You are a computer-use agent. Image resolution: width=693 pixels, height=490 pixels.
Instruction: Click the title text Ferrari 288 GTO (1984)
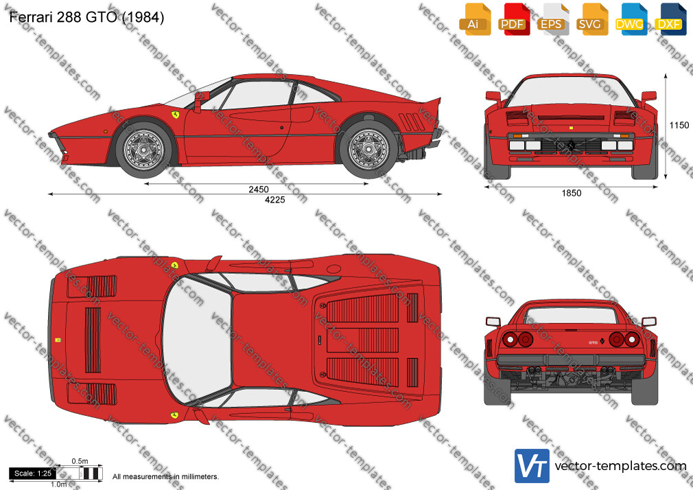tap(86, 17)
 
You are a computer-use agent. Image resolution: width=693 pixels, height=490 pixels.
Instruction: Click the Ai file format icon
tap(475, 19)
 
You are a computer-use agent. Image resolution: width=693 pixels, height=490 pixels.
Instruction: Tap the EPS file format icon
tap(552, 19)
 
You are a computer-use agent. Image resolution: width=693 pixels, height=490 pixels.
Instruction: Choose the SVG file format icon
tap(591, 19)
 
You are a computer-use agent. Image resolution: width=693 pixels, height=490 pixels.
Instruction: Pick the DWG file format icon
tap(631, 19)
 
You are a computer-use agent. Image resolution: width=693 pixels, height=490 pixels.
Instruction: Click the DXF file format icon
tap(670, 19)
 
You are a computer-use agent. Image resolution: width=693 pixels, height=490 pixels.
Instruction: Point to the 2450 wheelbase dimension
tap(259, 189)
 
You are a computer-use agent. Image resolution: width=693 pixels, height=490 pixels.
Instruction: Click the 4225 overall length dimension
tap(275, 200)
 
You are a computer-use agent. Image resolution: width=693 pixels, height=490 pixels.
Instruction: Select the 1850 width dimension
tap(572, 193)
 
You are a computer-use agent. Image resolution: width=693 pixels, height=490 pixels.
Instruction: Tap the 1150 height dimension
tap(679, 125)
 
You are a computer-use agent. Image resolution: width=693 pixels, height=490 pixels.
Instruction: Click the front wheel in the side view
tap(143, 150)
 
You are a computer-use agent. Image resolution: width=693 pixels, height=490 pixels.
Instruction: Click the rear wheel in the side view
tap(368, 150)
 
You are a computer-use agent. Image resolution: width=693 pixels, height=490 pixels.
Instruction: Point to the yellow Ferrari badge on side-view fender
tap(176, 115)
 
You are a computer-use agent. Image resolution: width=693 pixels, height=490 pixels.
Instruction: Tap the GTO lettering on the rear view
tap(593, 342)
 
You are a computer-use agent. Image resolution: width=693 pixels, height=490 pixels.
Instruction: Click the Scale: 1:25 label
tap(33, 474)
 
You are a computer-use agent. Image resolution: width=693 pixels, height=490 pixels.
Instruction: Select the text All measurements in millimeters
tap(165, 477)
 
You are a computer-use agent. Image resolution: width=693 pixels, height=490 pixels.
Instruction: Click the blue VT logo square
tap(532, 466)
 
